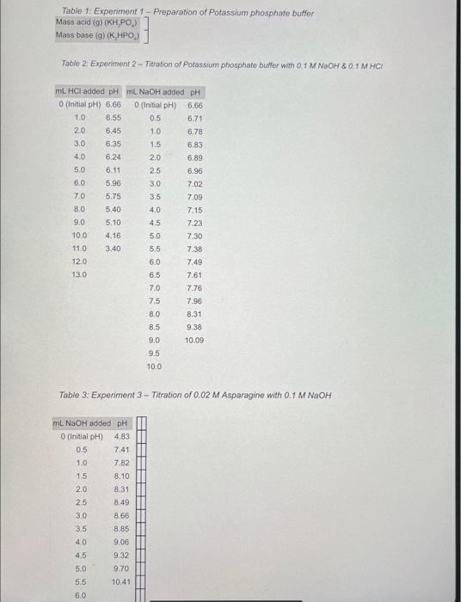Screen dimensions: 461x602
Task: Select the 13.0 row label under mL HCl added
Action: click(x=79, y=274)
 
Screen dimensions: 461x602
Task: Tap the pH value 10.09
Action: click(x=194, y=341)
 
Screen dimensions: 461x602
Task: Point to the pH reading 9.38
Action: click(x=194, y=327)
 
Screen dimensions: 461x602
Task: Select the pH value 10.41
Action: click(x=120, y=581)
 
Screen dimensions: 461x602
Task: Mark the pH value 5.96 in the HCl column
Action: click(x=113, y=182)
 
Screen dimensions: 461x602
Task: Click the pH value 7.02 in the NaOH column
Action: click(x=194, y=183)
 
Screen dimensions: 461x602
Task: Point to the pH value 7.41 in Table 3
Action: click(x=120, y=449)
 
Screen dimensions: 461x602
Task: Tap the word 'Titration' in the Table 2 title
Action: click(x=159, y=64)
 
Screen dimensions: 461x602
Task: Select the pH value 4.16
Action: click(x=113, y=235)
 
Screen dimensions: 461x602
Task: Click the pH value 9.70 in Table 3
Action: click(x=120, y=568)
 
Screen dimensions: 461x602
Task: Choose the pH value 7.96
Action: click(x=194, y=301)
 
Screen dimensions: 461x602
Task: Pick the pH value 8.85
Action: click(x=120, y=528)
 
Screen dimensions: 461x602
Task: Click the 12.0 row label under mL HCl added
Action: click(x=79, y=261)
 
